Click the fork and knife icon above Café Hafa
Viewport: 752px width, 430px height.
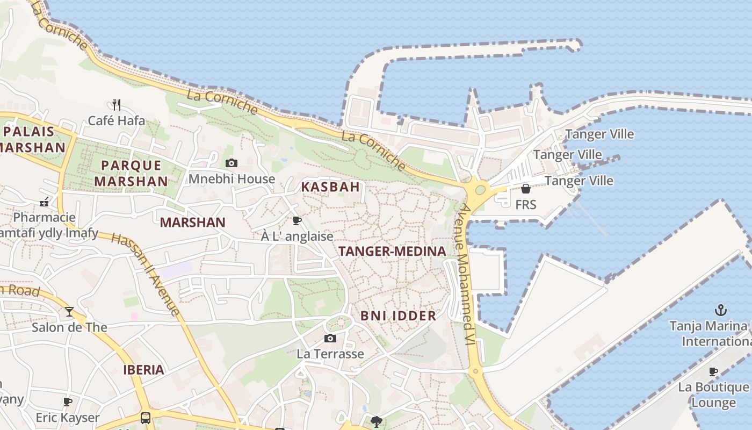(x=116, y=104)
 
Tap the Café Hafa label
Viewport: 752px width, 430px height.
(x=116, y=120)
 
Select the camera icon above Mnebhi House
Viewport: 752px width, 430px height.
(x=232, y=163)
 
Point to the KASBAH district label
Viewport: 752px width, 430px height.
(x=330, y=187)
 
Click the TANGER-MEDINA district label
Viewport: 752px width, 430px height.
(x=392, y=251)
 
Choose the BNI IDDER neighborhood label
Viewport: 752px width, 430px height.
(x=398, y=316)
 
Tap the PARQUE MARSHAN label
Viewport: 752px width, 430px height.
(x=131, y=173)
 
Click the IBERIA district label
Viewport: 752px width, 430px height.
(x=143, y=370)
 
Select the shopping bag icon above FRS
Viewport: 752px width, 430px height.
(x=526, y=189)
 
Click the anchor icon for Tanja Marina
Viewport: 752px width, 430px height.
(x=720, y=310)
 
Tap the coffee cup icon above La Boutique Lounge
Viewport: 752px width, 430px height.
(x=713, y=371)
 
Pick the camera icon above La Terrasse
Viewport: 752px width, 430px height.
(x=330, y=338)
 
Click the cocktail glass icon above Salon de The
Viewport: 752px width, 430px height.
(x=69, y=311)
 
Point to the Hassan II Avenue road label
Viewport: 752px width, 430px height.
(x=146, y=274)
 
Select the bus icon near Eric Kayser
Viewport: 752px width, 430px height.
(x=146, y=418)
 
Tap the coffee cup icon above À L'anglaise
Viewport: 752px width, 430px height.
(x=297, y=220)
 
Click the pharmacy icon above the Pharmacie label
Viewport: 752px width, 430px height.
(x=44, y=202)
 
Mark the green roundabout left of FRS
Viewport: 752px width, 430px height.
(x=479, y=189)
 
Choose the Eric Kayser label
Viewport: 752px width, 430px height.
(x=68, y=418)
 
